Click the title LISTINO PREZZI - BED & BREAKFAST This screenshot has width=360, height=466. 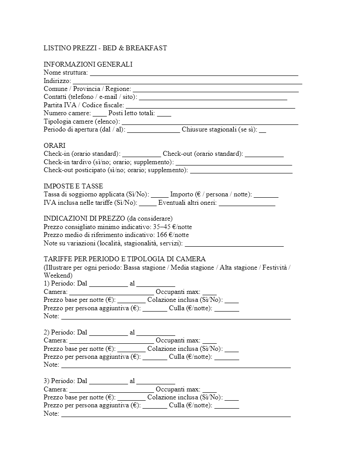[x=105, y=48]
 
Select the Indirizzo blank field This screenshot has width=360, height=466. [x=187, y=81]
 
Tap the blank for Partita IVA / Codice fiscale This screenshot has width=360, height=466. [x=210, y=105]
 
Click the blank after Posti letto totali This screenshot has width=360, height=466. [x=164, y=114]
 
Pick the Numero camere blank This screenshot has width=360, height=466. [x=100, y=114]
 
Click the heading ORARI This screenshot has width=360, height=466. [x=54, y=146]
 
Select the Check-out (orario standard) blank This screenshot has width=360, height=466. [x=264, y=154]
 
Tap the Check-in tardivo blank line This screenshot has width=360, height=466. [x=234, y=162]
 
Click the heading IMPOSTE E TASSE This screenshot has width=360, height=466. [x=73, y=186]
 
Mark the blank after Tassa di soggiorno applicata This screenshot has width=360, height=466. [x=160, y=195]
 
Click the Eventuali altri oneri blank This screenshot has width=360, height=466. [x=247, y=203]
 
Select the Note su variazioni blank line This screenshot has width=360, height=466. [x=234, y=244]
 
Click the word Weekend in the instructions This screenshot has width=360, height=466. [x=56, y=275]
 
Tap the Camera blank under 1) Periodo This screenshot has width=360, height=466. [x=112, y=292]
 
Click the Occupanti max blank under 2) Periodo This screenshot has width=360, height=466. [x=210, y=341]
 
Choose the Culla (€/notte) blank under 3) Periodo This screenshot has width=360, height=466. [x=227, y=406]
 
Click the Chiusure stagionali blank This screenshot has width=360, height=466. [x=262, y=130]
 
